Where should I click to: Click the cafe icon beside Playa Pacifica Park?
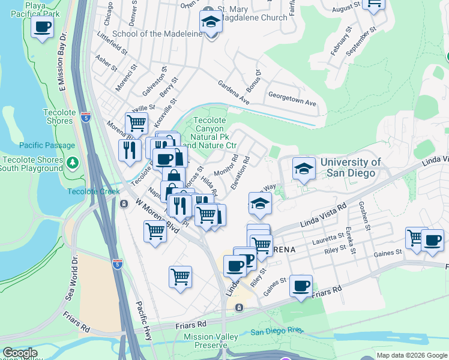[x=42, y=28]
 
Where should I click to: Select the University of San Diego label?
[x=351, y=167]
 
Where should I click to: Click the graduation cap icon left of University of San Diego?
[x=304, y=169]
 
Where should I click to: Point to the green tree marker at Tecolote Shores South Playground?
[x=72, y=163]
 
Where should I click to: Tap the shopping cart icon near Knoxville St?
[x=137, y=124]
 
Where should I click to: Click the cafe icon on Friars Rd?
[x=301, y=286]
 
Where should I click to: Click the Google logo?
[x=20, y=353]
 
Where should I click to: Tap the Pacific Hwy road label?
[x=144, y=319]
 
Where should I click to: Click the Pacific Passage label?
[x=47, y=145]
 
